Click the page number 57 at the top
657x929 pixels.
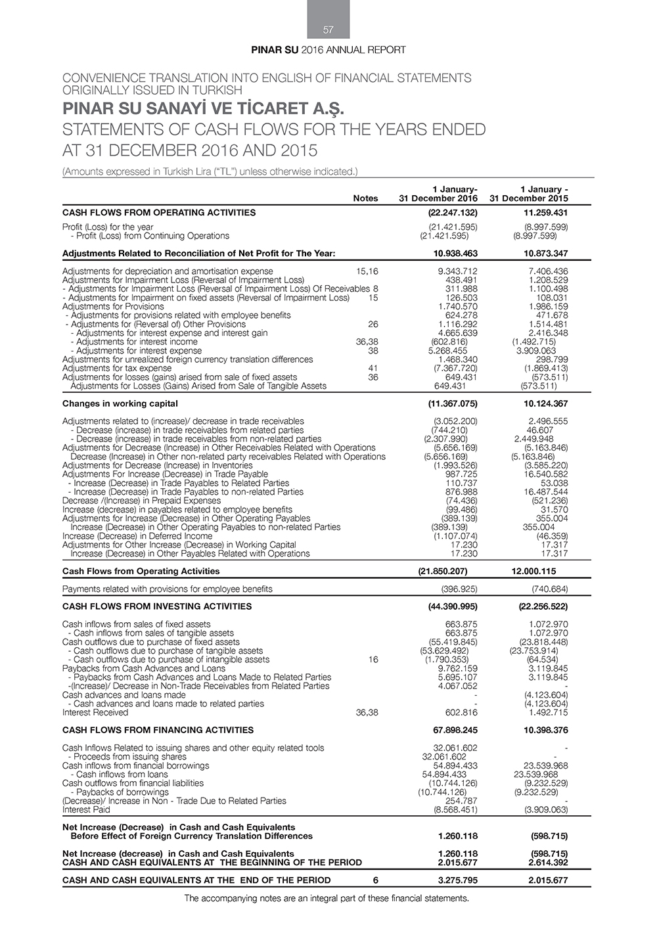click(328, 30)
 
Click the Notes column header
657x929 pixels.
click(365, 198)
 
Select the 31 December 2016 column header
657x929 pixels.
click(438, 198)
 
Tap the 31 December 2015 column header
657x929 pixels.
click(529, 198)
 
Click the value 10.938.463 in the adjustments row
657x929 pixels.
click(455, 254)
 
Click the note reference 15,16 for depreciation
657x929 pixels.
click(367, 271)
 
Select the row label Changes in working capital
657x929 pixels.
click(120, 403)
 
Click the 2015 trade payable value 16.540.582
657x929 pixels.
click(547, 474)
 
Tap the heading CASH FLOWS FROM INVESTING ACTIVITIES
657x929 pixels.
click(157, 606)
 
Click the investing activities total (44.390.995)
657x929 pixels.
click(453, 606)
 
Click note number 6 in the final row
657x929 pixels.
click(375, 880)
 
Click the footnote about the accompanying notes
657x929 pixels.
click(327, 898)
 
